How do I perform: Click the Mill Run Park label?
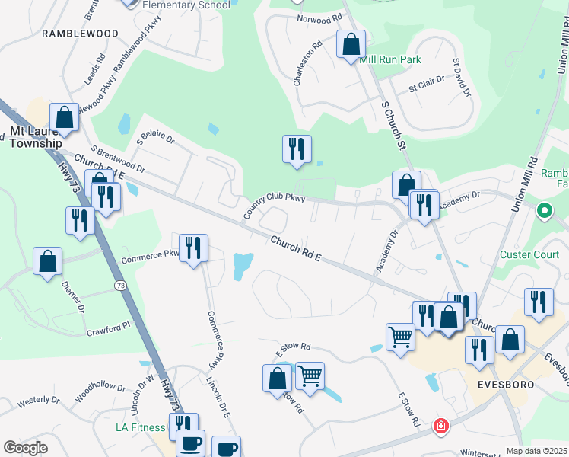click(x=389, y=59)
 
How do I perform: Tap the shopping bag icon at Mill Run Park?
click(x=351, y=44)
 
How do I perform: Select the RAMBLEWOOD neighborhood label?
click(x=80, y=34)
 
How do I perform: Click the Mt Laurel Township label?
click(x=36, y=137)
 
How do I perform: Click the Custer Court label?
click(x=530, y=254)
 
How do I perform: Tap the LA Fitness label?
click(x=141, y=427)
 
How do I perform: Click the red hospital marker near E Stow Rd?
click(x=440, y=427)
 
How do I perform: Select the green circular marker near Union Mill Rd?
click(x=545, y=210)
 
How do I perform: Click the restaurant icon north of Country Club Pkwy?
click(x=297, y=149)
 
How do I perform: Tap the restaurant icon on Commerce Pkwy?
click(x=193, y=248)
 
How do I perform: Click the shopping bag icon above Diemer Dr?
click(x=48, y=260)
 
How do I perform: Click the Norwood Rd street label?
click(x=314, y=18)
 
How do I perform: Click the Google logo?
click(x=25, y=448)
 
